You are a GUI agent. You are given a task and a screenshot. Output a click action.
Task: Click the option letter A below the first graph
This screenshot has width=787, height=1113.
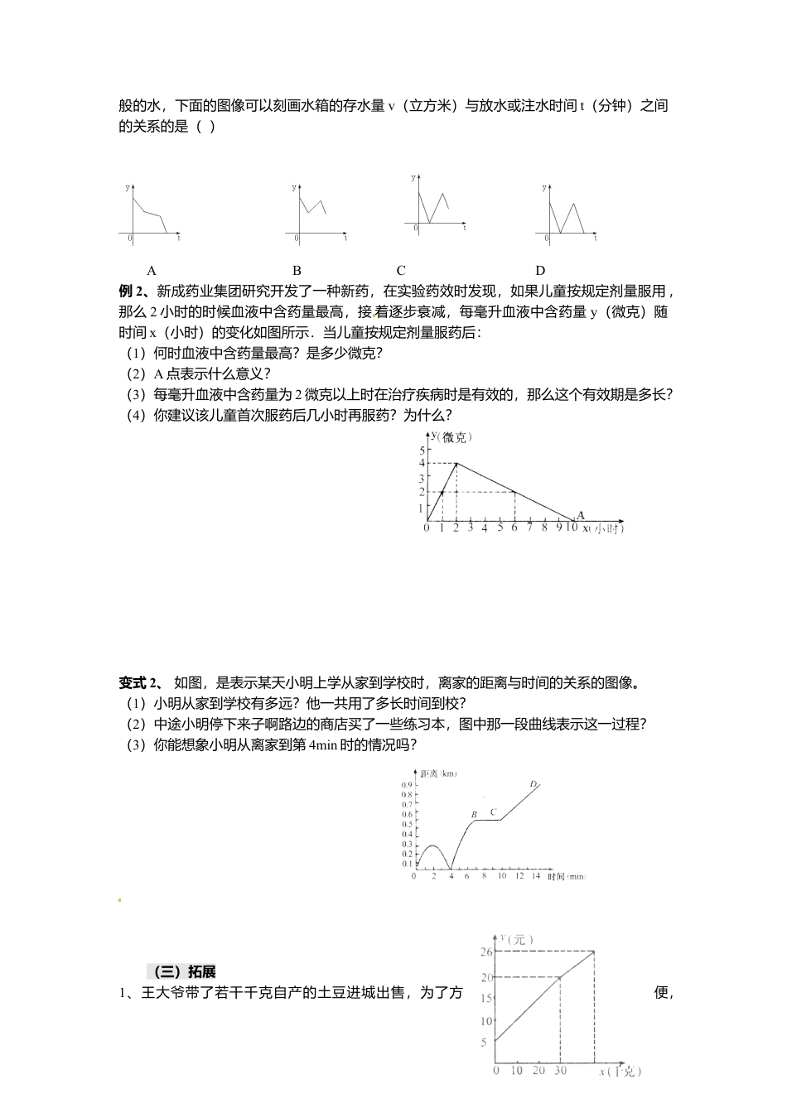pos(152,270)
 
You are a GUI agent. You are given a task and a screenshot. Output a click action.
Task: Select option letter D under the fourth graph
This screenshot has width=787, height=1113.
pos(540,270)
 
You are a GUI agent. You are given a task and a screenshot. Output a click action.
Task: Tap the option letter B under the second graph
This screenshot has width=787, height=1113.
pos(297,270)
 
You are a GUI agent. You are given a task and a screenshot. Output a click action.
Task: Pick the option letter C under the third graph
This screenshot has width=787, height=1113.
pos(401,270)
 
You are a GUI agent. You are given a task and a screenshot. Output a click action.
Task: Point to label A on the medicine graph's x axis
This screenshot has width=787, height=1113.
pos(580,515)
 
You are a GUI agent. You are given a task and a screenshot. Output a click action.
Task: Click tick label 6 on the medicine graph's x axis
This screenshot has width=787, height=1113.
pos(514,528)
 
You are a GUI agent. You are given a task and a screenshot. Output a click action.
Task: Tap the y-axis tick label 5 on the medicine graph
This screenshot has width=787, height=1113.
pos(422,450)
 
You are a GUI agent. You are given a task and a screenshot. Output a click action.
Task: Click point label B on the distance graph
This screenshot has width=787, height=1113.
pos(475,815)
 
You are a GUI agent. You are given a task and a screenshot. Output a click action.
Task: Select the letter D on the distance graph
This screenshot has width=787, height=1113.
pos(533,783)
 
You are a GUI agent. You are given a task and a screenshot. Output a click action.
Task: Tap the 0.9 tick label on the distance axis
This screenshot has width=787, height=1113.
pos(407,784)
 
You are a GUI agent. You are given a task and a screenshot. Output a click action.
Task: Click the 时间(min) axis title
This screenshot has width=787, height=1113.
pos(566,876)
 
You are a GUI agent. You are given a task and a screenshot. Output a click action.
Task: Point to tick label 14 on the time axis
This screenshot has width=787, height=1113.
pos(536,876)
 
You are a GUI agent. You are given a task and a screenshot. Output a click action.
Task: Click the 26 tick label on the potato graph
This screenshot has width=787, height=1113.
pos(486,952)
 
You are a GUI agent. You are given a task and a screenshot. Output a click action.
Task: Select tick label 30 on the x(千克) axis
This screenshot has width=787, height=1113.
pos(561,1071)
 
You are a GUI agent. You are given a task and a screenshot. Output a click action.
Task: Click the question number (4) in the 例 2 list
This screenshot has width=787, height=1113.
pos(136,416)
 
